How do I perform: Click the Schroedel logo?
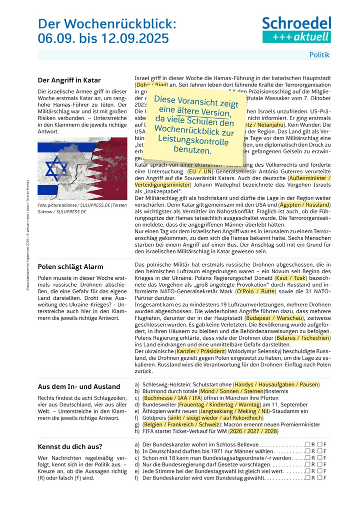coord(296,29)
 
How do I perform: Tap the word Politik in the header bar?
coord(319,55)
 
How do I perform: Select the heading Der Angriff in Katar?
coord(69,80)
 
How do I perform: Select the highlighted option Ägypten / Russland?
coord(305,204)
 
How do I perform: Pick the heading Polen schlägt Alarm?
coord(70,267)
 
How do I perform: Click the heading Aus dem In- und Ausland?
coord(79,386)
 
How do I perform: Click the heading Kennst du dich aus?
coord(70,446)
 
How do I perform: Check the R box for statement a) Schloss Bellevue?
coord(308,444)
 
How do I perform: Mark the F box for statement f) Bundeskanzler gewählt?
coord(320,477)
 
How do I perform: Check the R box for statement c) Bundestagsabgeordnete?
coord(308,457)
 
